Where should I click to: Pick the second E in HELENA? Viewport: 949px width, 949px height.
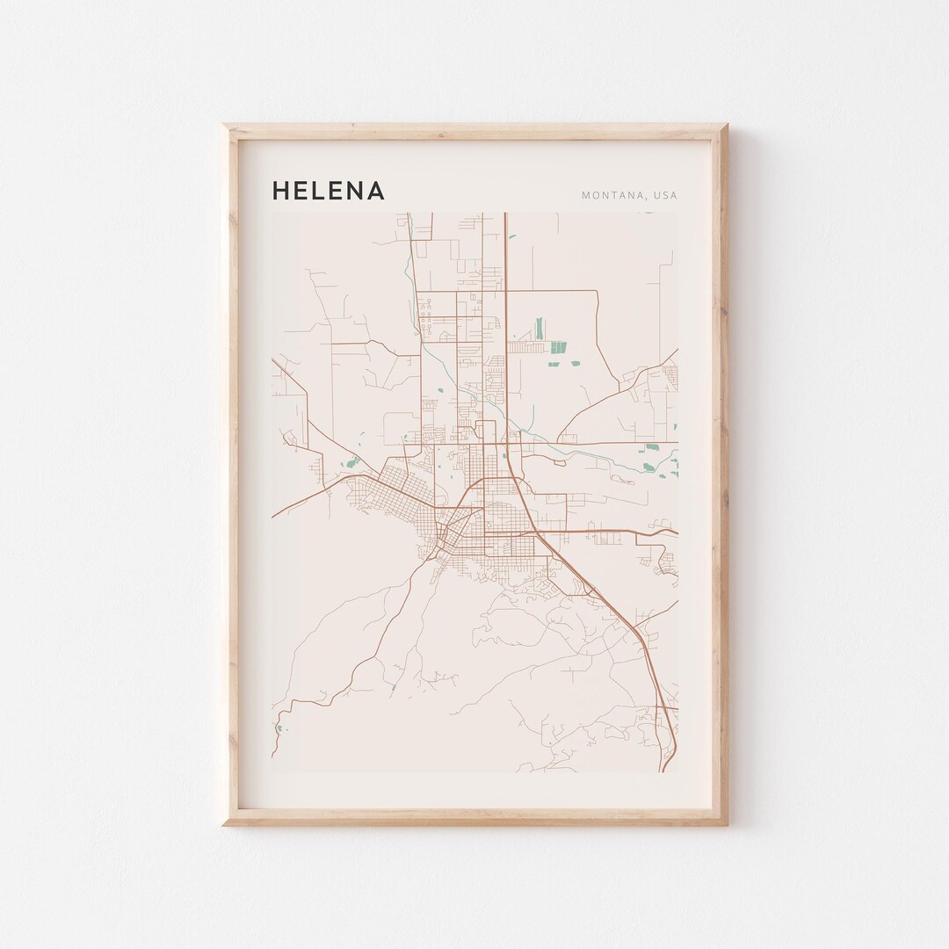[x=338, y=191]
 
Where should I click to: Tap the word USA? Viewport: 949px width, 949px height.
[x=665, y=195]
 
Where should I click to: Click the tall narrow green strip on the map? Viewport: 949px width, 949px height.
[x=539, y=329]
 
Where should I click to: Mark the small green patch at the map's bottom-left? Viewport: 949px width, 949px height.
[x=279, y=728]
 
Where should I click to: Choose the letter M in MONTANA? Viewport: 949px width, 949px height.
[x=585, y=195]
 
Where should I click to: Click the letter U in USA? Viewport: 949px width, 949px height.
[x=656, y=195]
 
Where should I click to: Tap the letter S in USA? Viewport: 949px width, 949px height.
[x=665, y=195]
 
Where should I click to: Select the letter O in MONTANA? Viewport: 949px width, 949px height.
[x=595, y=195]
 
